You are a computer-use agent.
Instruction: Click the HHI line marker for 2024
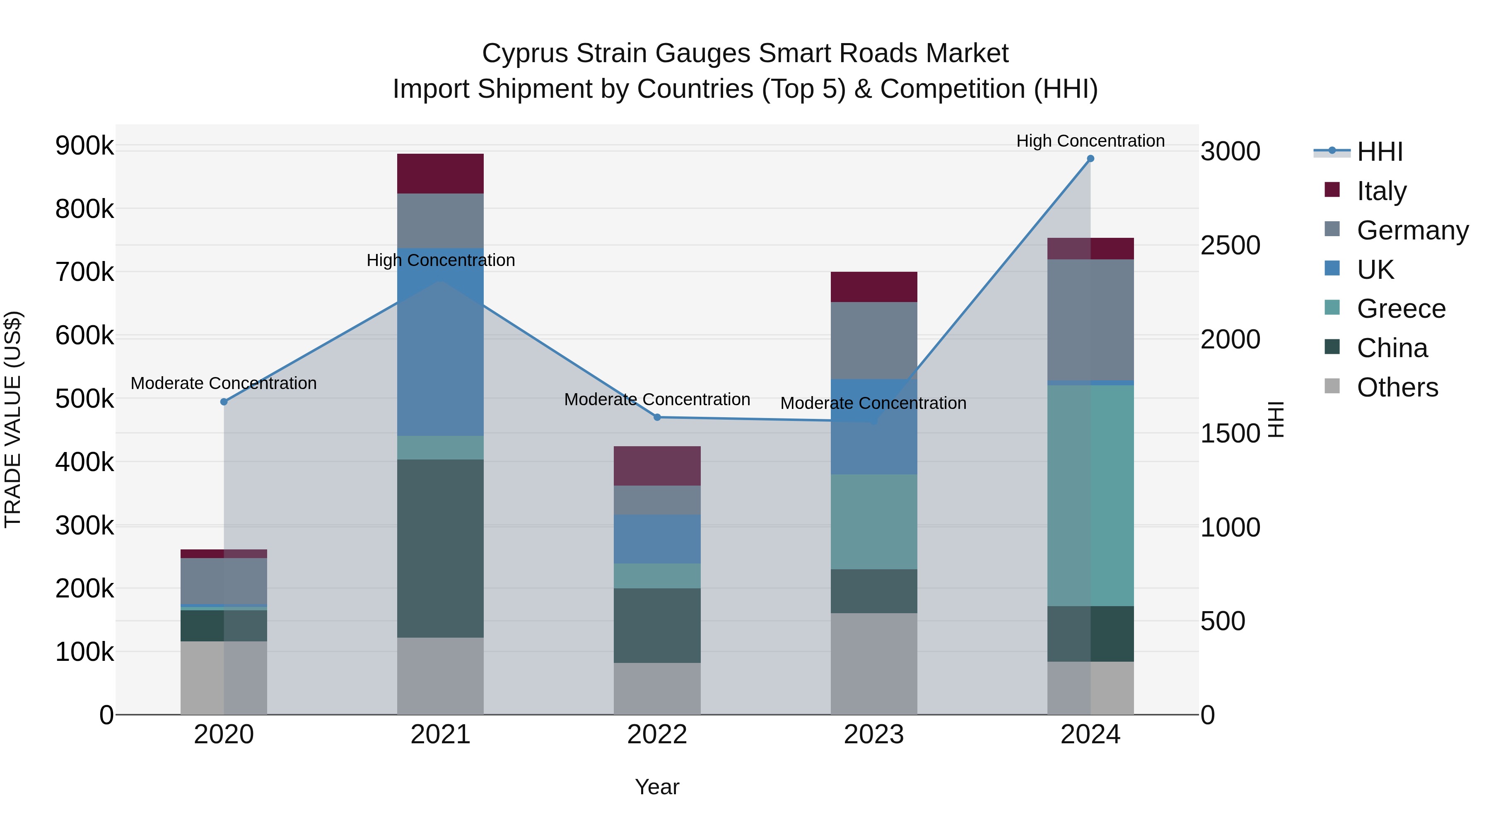[x=1090, y=159]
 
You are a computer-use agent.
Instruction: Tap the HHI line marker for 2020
[x=224, y=402]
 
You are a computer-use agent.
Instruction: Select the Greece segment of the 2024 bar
[x=1090, y=496]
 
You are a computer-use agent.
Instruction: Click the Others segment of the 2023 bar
[x=873, y=664]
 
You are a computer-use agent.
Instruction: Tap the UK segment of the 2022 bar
[x=657, y=539]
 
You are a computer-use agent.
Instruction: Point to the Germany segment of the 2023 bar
[x=873, y=341]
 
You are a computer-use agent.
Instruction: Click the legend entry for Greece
[x=1401, y=309]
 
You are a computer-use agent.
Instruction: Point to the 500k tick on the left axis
[x=84, y=399]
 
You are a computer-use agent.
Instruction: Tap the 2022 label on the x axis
[x=657, y=735]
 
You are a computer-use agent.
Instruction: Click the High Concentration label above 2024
[x=1090, y=141]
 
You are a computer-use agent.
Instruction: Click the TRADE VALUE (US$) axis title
[x=13, y=419]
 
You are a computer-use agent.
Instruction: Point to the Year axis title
[x=657, y=787]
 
